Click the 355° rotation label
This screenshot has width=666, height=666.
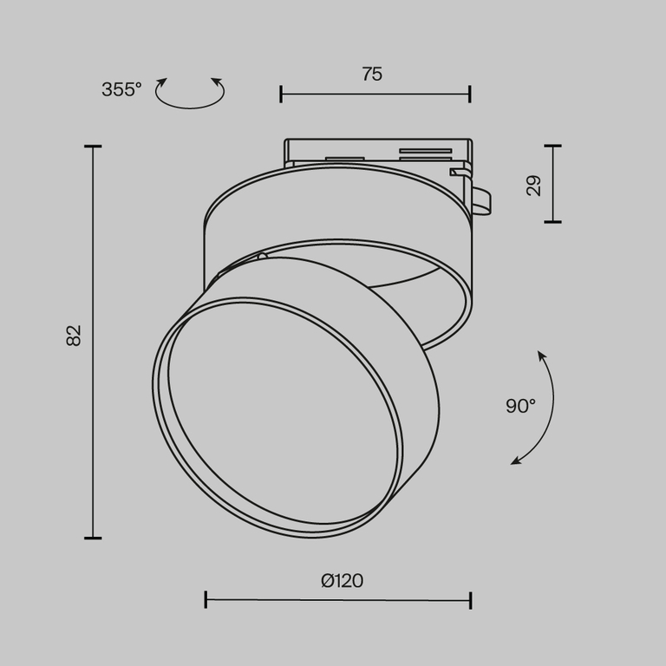click(x=121, y=89)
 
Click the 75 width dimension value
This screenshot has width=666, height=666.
click(x=372, y=75)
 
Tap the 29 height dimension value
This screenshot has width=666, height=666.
click(x=534, y=185)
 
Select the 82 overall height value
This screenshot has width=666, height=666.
click(x=75, y=336)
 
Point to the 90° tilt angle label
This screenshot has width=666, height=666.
click(x=520, y=406)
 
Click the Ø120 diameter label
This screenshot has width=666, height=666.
click(x=342, y=581)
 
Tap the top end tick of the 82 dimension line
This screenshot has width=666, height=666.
click(x=93, y=147)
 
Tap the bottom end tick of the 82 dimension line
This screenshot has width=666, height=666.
click(x=93, y=538)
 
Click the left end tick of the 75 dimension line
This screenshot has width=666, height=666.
click(x=281, y=94)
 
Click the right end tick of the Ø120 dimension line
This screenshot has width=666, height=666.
click(x=470, y=599)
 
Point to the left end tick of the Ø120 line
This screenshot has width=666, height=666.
click(x=206, y=599)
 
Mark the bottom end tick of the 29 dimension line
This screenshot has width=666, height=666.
click(x=552, y=222)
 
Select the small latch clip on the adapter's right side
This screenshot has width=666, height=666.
click(x=480, y=199)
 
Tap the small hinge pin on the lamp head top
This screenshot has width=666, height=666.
click(x=263, y=257)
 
